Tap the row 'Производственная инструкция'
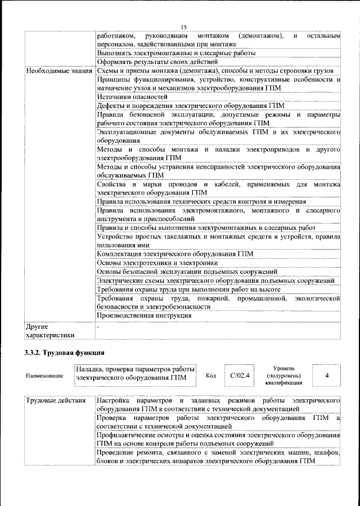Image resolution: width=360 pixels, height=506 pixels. point(144,315)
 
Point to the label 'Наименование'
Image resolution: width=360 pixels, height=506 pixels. point(44,376)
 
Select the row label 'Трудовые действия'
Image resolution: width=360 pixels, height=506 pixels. point(56,400)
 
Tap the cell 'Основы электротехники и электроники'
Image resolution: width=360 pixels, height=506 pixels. point(157,263)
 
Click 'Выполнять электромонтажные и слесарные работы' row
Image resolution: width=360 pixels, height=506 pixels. point(176,53)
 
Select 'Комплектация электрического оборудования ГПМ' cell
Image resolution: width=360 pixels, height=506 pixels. point(175,254)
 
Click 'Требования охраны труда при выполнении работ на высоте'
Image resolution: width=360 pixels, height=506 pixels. point(192,289)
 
